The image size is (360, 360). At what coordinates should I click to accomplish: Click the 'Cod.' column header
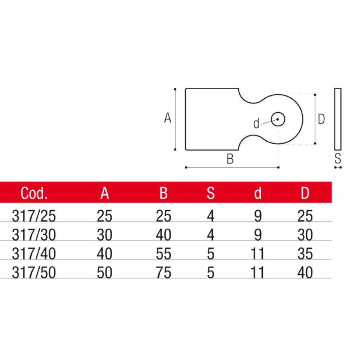(x=34, y=193)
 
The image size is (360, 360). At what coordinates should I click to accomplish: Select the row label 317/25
(x=34, y=216)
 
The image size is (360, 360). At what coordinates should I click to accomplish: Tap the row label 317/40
(x=34, y=254)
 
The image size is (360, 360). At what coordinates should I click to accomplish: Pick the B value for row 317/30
(x=163, y=235)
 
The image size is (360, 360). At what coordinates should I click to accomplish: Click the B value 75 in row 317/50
(x=163, y=273)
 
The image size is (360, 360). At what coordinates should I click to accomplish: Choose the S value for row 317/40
(x=211, y=254)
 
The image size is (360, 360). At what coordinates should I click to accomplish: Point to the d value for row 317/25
(x=258, y=216)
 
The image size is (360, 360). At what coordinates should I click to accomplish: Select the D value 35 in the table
(x=305, y=254)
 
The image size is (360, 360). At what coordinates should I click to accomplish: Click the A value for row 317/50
(x=104, y=273)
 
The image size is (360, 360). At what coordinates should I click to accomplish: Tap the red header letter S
(x=211, y=193)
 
